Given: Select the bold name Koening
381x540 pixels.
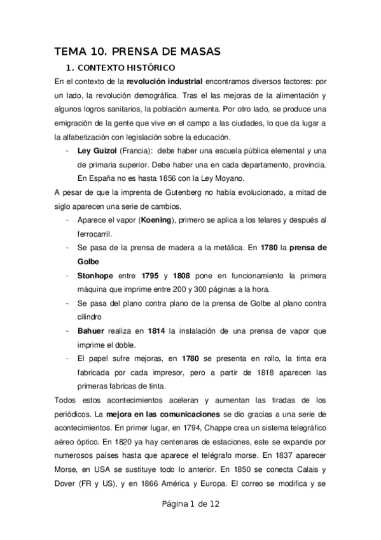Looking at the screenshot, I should coord(149,220).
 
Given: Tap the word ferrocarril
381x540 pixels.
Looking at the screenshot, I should coord(97,234).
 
